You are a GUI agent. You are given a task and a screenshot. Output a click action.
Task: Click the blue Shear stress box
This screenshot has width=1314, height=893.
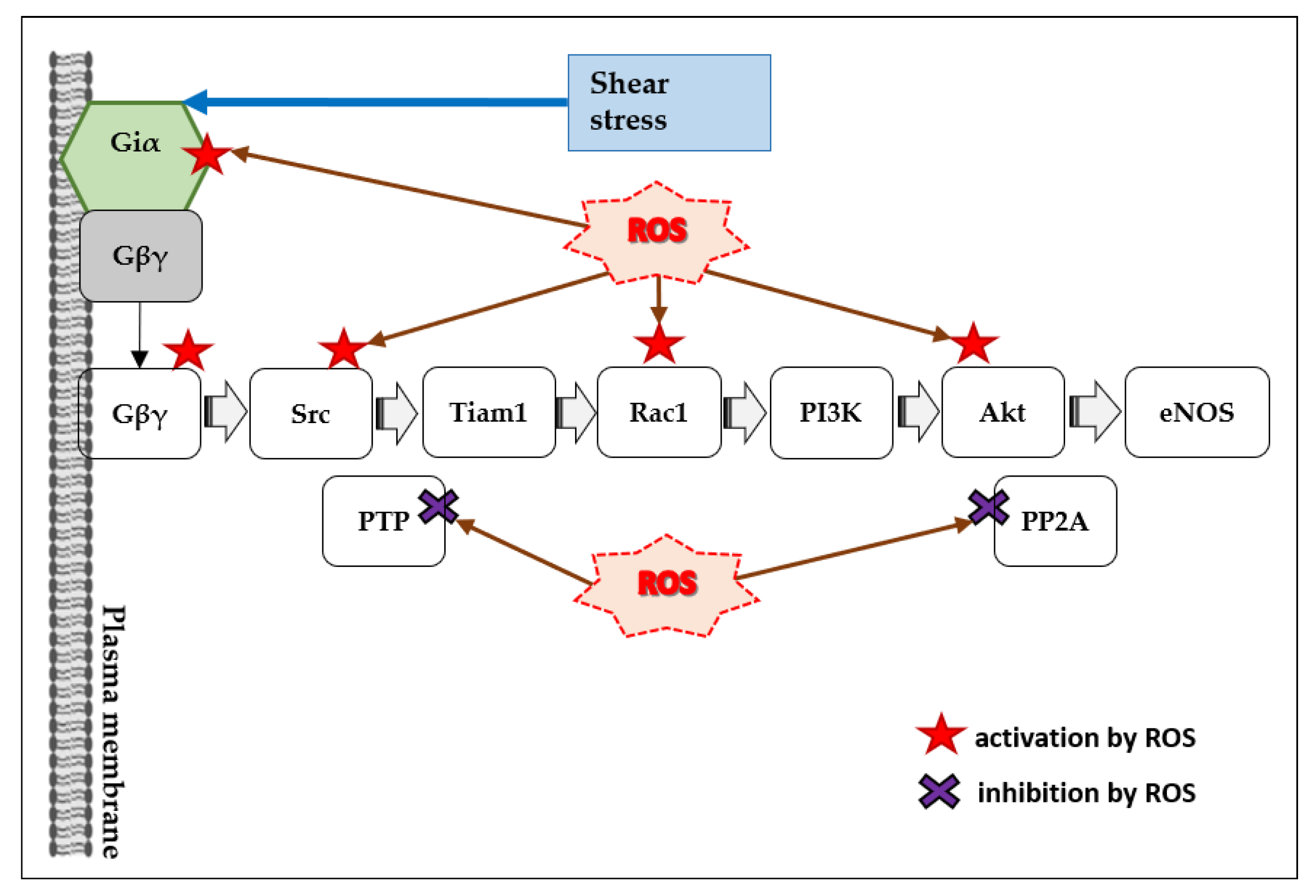pyautogui.click(x=669, y=102)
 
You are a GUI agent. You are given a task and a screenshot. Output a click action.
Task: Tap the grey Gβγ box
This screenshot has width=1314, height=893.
pyautogui.click(x=140, y=256)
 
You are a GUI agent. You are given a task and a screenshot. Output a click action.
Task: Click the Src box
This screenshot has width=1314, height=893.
pyautogui.click(x=310, y=413)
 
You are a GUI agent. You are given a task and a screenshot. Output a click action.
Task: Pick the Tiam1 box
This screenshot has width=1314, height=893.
pyautogui.click(x=489, y=412)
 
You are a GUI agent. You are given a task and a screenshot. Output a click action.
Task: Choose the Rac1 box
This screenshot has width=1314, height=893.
pyautogui.click(x=659, y=412)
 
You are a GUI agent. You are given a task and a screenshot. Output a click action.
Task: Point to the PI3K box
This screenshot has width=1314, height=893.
pyautogui.click(x=831, y=412)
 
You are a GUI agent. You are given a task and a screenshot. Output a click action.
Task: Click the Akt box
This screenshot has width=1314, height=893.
pyautogui.click(x=1002, y=412)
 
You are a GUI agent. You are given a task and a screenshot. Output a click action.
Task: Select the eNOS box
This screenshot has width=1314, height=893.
pyautogui.click(x=1196, y=412)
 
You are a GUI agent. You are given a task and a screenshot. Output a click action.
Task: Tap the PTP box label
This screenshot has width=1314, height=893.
pyautogui.click(x=383, y=522)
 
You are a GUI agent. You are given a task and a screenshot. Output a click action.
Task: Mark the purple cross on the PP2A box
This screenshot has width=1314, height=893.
pyautogui.click(x=988, y=507)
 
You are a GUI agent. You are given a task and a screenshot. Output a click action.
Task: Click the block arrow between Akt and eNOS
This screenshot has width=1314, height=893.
pyautogui.click(x=1094, y=412)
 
